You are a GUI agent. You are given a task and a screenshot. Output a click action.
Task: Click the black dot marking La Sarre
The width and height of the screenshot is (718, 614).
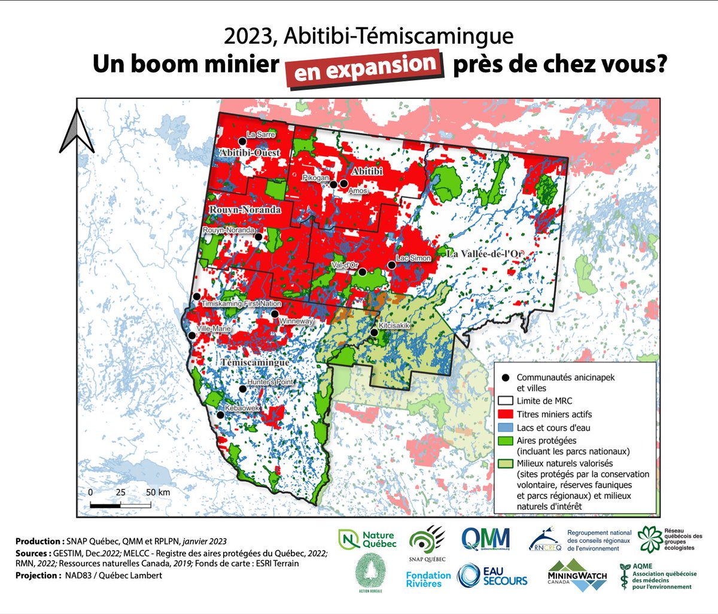tap(242, 141)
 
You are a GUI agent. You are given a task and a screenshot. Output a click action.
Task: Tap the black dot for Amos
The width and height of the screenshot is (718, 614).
tap(343, 184)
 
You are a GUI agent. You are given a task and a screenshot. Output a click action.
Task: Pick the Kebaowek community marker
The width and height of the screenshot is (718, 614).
tap(221, 415)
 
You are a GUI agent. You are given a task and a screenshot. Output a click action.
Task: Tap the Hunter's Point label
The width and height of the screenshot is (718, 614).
tap(269, 382)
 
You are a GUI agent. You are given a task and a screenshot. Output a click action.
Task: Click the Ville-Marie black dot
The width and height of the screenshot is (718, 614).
tap(191, 336)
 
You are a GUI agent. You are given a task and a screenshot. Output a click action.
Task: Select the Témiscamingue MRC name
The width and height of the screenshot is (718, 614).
tap(255, 363)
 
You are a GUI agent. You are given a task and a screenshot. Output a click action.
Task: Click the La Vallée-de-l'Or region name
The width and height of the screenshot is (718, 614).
tap(489, 253)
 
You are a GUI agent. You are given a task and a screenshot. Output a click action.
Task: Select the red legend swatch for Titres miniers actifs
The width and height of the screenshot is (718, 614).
tap(506, 414)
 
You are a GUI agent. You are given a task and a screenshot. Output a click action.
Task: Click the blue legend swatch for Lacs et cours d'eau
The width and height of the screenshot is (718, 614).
tap(506, 428)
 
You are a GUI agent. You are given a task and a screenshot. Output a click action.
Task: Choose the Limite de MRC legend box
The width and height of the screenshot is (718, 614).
tap(506, 401)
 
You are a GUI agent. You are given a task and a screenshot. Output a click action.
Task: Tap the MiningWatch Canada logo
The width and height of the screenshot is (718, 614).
tap(577, 576)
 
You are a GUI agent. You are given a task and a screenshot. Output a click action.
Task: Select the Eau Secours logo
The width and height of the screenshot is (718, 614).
tap(492, 576)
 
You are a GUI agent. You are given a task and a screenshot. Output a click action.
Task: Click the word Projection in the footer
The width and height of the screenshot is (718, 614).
tap(36, 576)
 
